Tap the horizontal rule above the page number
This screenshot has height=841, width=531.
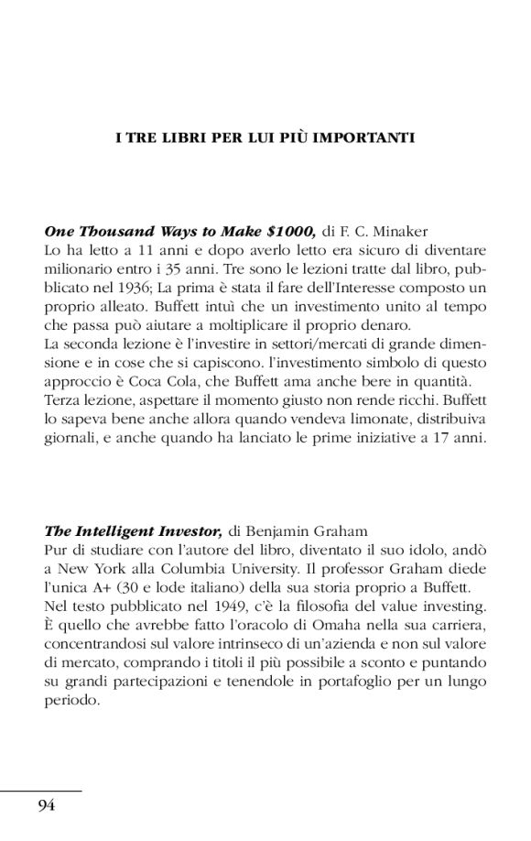point(41,791)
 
